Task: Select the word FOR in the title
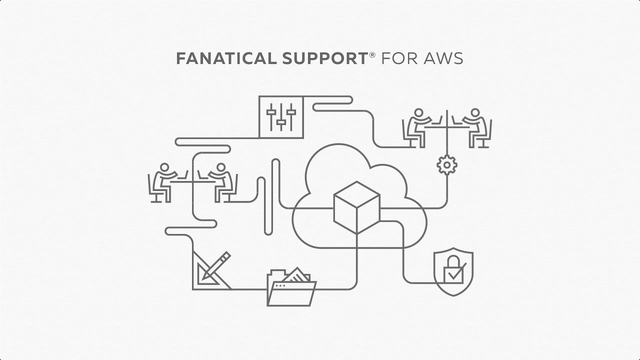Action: (x=398, y=59)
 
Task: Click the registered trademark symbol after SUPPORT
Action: (x=372, y=54)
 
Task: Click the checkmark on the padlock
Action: (x=454, y=274)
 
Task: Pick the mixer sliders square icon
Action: (x=281, y=117)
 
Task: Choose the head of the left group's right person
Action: (x=220, y=167)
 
